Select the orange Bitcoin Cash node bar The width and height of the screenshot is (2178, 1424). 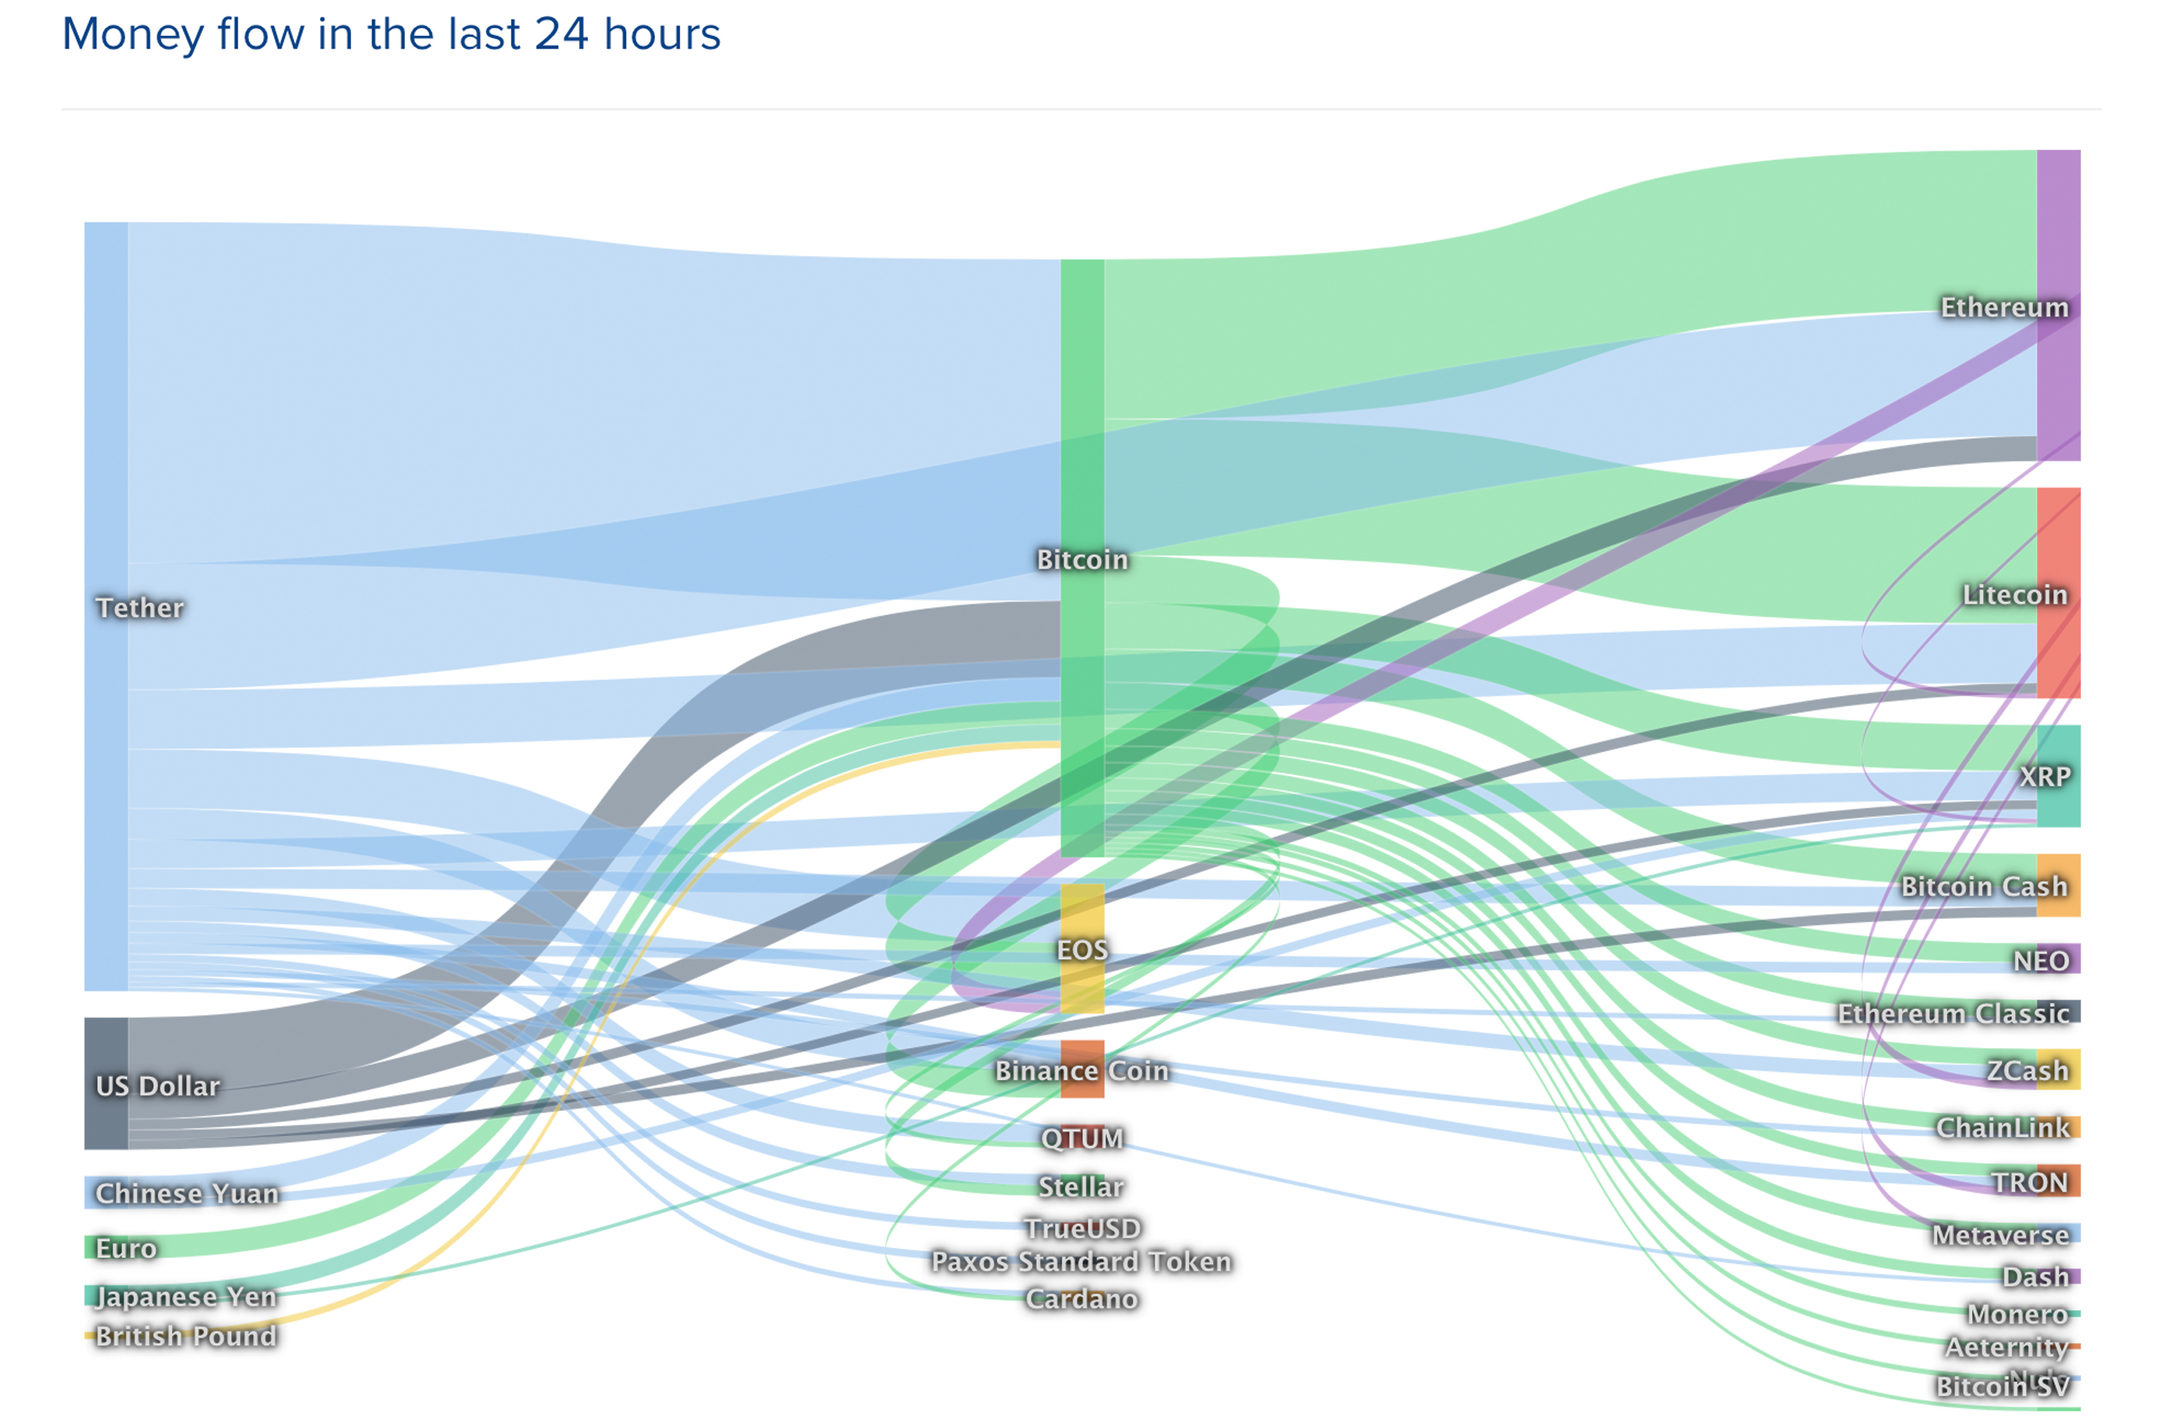pos(2058,885)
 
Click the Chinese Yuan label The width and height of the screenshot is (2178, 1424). pos(187,1194)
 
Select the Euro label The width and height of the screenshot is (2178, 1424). pos(126,1248)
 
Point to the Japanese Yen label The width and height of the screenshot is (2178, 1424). pos(186,1297)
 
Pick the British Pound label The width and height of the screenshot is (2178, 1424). pos(186,1336)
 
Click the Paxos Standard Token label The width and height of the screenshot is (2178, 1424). pos(1081,1261)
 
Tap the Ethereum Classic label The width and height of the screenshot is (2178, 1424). pos(1953,1013)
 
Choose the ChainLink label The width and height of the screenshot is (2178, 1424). pos(2002,1127)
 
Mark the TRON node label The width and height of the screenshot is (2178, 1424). pos(2030,1183)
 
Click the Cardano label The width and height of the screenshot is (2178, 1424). pos(1081,1298)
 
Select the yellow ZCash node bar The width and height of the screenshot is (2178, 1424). pos(2059,1069)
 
